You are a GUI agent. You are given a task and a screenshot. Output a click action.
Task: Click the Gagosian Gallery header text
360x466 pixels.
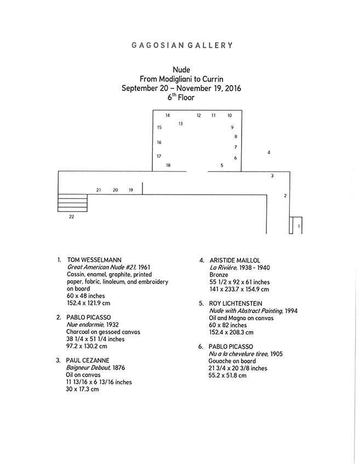tap(182, 45)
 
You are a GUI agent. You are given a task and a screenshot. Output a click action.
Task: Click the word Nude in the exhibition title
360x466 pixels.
tap(181, 70)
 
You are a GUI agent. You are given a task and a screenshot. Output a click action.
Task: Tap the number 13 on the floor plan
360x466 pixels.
tap(181, 124)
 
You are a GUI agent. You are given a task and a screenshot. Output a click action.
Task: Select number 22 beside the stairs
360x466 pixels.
tap(72, 217)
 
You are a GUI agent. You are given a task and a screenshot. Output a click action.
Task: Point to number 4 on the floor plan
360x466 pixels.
tap(269, 152)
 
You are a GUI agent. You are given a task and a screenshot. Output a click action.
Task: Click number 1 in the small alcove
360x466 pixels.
tap(299, 226)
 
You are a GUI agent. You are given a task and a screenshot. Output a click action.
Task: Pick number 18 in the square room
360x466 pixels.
tap(168, 165)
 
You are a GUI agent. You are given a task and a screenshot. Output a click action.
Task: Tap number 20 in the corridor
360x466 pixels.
tap(115, 190)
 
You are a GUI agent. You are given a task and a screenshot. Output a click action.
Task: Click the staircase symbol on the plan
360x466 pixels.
tap(72, 203)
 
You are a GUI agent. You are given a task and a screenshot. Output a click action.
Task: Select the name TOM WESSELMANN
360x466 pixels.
tap(94, 260)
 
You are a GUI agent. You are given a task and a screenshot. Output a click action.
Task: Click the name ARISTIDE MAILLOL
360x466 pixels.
tap(235, 260)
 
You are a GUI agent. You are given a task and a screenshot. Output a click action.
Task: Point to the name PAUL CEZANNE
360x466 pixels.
tap(88, 361)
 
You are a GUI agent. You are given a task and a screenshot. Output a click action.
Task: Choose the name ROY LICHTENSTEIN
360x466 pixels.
tap(236, 303)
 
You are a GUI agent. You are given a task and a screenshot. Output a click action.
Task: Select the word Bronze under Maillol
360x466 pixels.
tap(219, 275)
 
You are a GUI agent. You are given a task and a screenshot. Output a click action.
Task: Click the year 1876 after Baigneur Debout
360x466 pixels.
tap(119, 368)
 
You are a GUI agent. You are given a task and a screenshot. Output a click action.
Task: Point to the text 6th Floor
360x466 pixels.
tap(181, 97)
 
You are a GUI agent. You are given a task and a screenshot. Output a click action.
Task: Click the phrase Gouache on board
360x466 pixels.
tap(232, 361)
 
